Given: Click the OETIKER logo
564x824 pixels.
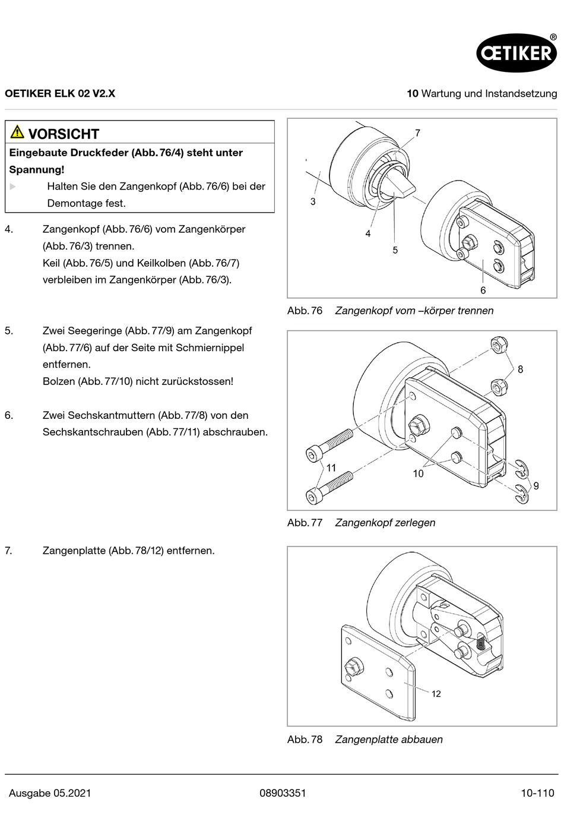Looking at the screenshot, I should pos(517,52).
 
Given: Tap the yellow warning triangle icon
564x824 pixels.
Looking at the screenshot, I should pos(17,132).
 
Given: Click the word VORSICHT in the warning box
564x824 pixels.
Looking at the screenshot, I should pos(64,134).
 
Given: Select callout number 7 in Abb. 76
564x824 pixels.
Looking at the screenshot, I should pos(417,133).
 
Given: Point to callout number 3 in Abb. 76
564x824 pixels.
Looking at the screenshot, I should pos(313,202).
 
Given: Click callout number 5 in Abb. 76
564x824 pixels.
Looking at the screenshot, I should pos(395,250).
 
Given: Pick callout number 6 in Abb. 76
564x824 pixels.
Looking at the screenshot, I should pos(483,290).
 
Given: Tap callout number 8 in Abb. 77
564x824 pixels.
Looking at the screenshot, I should pos(520,370).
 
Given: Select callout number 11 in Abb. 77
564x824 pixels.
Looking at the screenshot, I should pos(331,468).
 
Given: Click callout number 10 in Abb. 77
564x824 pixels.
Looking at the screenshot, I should pos(418,473).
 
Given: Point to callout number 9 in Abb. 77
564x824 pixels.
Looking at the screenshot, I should pos(536,486).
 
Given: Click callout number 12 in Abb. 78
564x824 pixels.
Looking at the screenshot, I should pos(436,694).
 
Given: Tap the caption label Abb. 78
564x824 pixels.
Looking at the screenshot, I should pos(305,740).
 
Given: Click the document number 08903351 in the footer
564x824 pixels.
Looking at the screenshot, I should pos(283,793).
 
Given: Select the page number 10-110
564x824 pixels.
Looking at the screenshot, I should pos(537,793).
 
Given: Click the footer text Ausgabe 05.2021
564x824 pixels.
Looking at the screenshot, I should pos(50,793).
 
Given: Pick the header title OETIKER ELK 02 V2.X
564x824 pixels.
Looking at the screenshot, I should pos(60,93).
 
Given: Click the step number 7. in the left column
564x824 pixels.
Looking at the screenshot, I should pos(8,551).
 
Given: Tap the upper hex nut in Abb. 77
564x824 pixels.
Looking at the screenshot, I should pos(499,344).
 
